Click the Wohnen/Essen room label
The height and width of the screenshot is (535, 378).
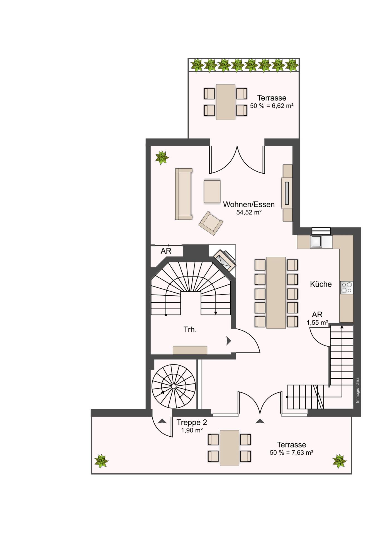[x=249, y=204]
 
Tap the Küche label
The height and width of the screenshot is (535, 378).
[x=321, y=284]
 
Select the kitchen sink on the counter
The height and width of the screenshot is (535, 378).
[x=316, y=242]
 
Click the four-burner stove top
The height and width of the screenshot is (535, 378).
[x=347, y=288]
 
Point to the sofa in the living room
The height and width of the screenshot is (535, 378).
[x=184, y=194]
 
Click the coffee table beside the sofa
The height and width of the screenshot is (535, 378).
[x=212, y=191]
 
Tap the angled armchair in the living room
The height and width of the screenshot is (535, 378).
[x=211, y=223]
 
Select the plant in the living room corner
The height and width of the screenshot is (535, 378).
[x=162, y=157]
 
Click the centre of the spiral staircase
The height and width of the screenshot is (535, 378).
[x=173, y=386]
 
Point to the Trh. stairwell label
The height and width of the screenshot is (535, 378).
[x=190, y=330]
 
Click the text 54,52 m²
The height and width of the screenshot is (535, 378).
[x=249, y=212]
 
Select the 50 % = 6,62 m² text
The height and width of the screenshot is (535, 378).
[x=272, y=106]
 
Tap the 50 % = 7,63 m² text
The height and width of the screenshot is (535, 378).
[x=291, y=453]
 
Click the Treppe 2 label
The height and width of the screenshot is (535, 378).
[x=192, y=422]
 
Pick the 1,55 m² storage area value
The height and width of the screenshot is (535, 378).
[x=317, y=323]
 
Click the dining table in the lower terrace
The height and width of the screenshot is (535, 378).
[x=229, y=448]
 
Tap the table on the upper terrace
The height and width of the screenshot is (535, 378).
[x=226, y=102]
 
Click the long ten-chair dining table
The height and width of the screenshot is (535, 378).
[x=276, y=293]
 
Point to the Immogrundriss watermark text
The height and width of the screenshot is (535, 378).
[x=358, y=390]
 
